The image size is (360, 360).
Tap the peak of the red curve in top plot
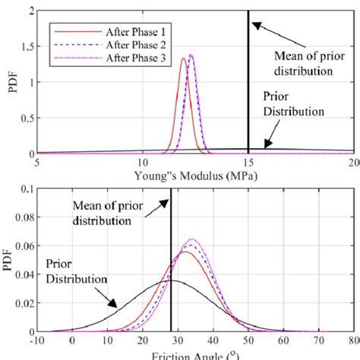pyautogui.click(x=183, y=59)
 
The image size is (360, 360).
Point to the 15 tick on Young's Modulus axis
pyautogui.click(x=248, y=163)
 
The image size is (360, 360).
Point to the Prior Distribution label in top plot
pyautogui.click(x=292, y=104)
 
